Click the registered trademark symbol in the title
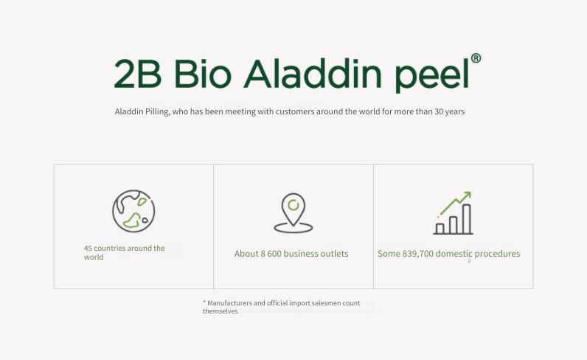476,58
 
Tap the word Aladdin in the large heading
313,74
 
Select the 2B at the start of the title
138,74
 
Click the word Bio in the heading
203,74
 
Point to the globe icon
133,211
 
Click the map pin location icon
293,212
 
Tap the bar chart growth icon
453,212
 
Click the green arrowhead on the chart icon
467,195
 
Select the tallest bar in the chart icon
467,219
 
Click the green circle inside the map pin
293,205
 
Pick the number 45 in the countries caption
88,248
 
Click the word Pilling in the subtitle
157,111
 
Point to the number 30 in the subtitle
439,111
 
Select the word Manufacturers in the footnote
229,303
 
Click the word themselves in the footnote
220,311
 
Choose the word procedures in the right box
497,254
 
